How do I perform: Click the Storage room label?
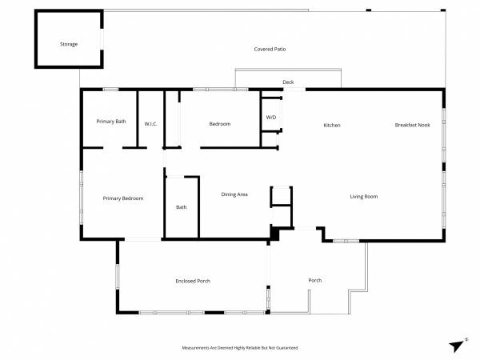pyautogui.click(x=69, y=44)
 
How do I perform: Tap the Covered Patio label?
pyautogui.click(x=270, y=49)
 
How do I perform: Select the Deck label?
pyautogui.click(x=288, y=82)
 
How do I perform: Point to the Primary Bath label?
pyautogui.click(x=111, y=122)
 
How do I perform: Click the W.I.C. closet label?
pyautogui.click(x=151, y=124)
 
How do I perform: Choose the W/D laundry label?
pyautogui.click(x=271, y=118)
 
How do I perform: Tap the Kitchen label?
pyautogui.click(x=332, y=125)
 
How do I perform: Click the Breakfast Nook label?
pyautogui.click(x=412, y=125)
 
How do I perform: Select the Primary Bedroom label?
pyautogui.click(x=123, y=198)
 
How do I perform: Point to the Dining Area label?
pyautogui.click(x=234, y=194)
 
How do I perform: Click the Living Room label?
pyautogui.click(x=364, y=197)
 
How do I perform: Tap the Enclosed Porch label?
pyautogui.click(x=193, y=281)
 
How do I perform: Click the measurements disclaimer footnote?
pyautogui.click(x=240, y=348)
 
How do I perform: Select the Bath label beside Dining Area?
pyautogui.click(x=182, y=207)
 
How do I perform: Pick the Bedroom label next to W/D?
pyautogui.click(x=220, y=124)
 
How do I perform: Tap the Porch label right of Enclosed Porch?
pyautogui.click(x=315, y=281)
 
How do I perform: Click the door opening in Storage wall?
pyautogui.click(x=102, y=39)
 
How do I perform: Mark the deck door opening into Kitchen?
pyautogui.click(x=294, y=90)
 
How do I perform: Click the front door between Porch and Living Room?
pyautogui.click(x=305, y=228)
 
